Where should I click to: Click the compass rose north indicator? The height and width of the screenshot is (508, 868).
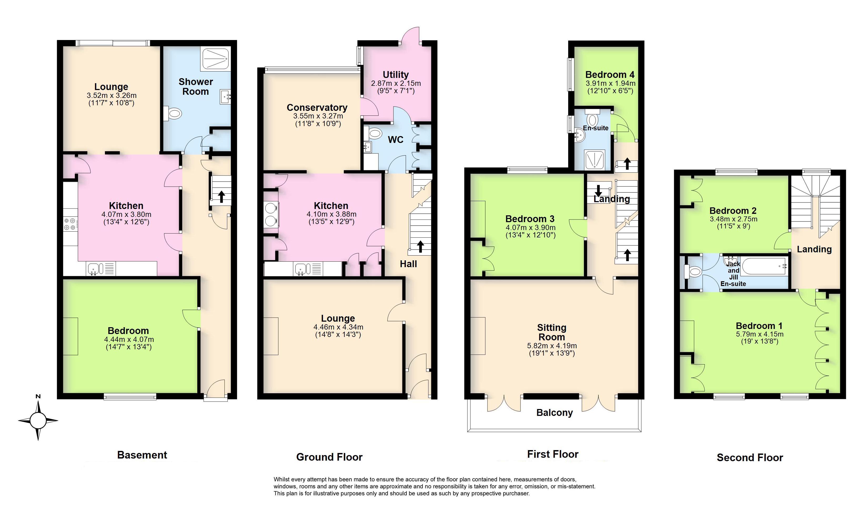[x=38, y=397]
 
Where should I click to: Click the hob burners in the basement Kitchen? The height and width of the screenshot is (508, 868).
[x=70, y=224]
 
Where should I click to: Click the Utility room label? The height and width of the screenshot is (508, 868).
[x=395, y=74]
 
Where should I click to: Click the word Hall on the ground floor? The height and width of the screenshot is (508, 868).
[x=408, y=264]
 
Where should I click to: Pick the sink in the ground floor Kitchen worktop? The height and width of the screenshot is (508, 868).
[x=300, y=268]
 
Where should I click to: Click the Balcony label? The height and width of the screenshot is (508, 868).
[x=554, y=412]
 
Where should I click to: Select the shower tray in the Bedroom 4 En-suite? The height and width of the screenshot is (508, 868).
[x=594, y=160]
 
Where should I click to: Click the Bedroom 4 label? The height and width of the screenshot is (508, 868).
[x=610, y=74]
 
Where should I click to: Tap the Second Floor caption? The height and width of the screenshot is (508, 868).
[x=750, y=458]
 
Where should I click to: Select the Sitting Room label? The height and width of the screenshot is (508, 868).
[x=552, y=332]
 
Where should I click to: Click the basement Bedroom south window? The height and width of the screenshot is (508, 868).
[x=130, y=397]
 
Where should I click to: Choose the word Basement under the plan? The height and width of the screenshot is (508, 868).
[x=142, y=455]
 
